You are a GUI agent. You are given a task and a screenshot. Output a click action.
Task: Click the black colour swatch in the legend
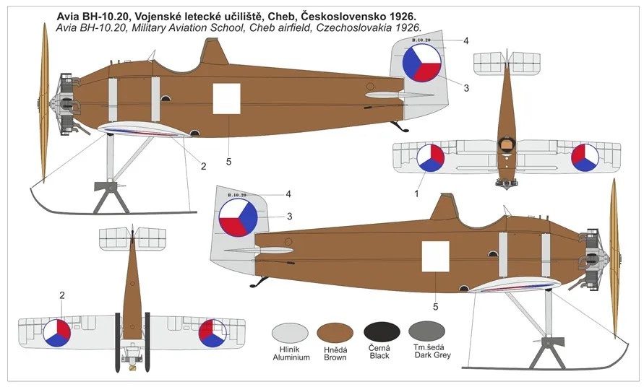tap(382, 332)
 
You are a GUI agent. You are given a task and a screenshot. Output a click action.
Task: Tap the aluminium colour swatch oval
tap(290, 333)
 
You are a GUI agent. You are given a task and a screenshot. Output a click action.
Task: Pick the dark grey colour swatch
tap(426, 331)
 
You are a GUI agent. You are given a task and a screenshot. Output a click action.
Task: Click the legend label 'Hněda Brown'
tap(335, 353)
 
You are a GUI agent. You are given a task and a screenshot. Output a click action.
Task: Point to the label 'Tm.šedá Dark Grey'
tap(432, 351)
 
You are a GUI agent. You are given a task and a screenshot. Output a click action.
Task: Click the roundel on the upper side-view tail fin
tap(422, 64)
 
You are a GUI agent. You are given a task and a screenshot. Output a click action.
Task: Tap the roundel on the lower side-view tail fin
tap(238, 217)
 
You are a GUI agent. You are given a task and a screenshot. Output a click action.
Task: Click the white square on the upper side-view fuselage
tap(226, 98)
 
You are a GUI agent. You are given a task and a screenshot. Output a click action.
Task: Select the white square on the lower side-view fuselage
tap(436, 256)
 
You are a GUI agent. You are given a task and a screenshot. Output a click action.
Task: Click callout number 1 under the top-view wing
tap(416, 193)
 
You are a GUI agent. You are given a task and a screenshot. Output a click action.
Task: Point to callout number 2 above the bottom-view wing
tap(62, 295)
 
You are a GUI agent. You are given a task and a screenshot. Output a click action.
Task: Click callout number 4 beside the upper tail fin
tap(465, 40)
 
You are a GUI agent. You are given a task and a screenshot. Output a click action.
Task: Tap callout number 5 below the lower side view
tap(436, 307)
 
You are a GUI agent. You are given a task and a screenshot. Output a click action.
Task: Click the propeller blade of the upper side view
tap(44, 103)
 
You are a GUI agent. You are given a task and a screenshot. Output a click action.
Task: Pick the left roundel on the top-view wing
tap(431, 157)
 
